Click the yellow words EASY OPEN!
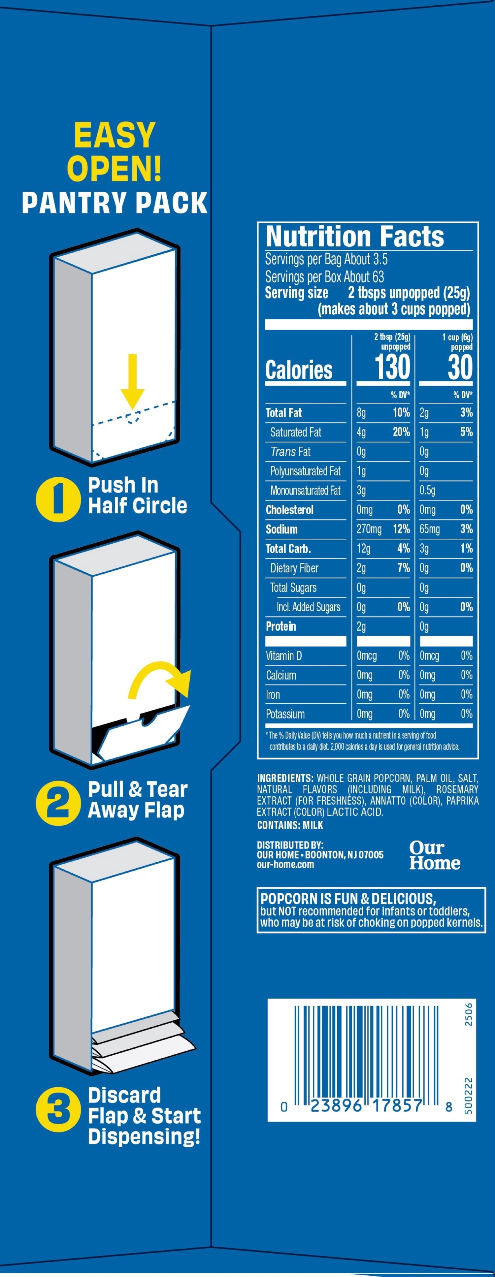pos(115,152)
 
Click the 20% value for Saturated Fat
pos(401,432)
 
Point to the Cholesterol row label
pos(290,510)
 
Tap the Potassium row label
pos(285,714)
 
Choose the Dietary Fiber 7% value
pos(404,568)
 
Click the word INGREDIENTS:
pos(285,778)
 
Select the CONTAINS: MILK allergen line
pos(290,825)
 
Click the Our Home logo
pos(435,855)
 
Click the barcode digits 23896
pos(336,1105)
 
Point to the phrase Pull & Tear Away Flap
pos(137,799)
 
